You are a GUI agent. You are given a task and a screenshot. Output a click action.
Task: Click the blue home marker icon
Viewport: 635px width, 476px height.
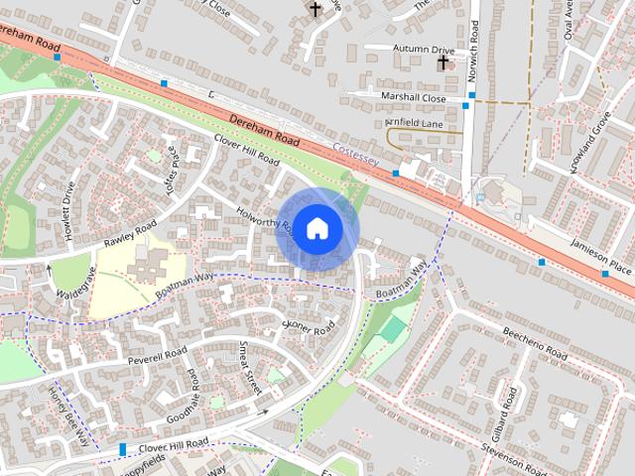317,229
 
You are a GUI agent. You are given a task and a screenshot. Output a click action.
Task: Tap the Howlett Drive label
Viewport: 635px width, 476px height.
68,202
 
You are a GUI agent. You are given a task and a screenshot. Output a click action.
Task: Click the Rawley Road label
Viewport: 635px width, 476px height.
129,236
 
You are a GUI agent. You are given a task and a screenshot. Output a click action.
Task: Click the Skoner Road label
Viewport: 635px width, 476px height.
309,325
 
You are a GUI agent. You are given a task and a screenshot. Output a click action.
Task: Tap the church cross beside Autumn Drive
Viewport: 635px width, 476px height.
443,62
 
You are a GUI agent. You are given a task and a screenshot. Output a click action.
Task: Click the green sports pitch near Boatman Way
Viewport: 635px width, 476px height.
394,328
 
